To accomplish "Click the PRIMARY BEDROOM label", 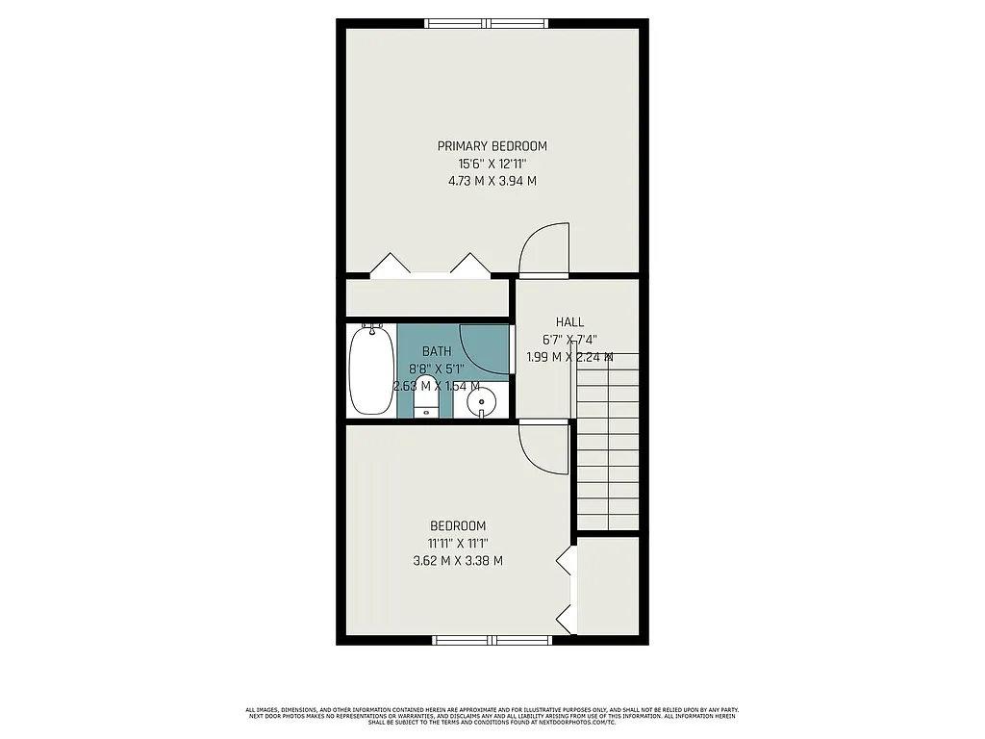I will coord(492,146).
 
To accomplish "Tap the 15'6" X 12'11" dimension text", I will coord(492,163).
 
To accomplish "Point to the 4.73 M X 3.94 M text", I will coord(492,180).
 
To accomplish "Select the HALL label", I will coord(569,322).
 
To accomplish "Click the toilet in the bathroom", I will coord(426,398).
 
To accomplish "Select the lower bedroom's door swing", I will coord(545,447).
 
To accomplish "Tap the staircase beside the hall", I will coord(608,443).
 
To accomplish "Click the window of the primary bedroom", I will coord(488,23).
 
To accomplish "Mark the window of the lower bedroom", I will coord(492,640).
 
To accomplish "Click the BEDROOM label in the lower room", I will coord(457,526).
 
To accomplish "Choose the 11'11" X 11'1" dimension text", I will coord(457,543).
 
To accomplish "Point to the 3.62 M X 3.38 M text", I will coord(457,560).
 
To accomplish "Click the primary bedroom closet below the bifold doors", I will coord(427,297).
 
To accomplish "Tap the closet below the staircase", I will coord(608,584).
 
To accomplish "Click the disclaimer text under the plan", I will coord(492,717).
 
